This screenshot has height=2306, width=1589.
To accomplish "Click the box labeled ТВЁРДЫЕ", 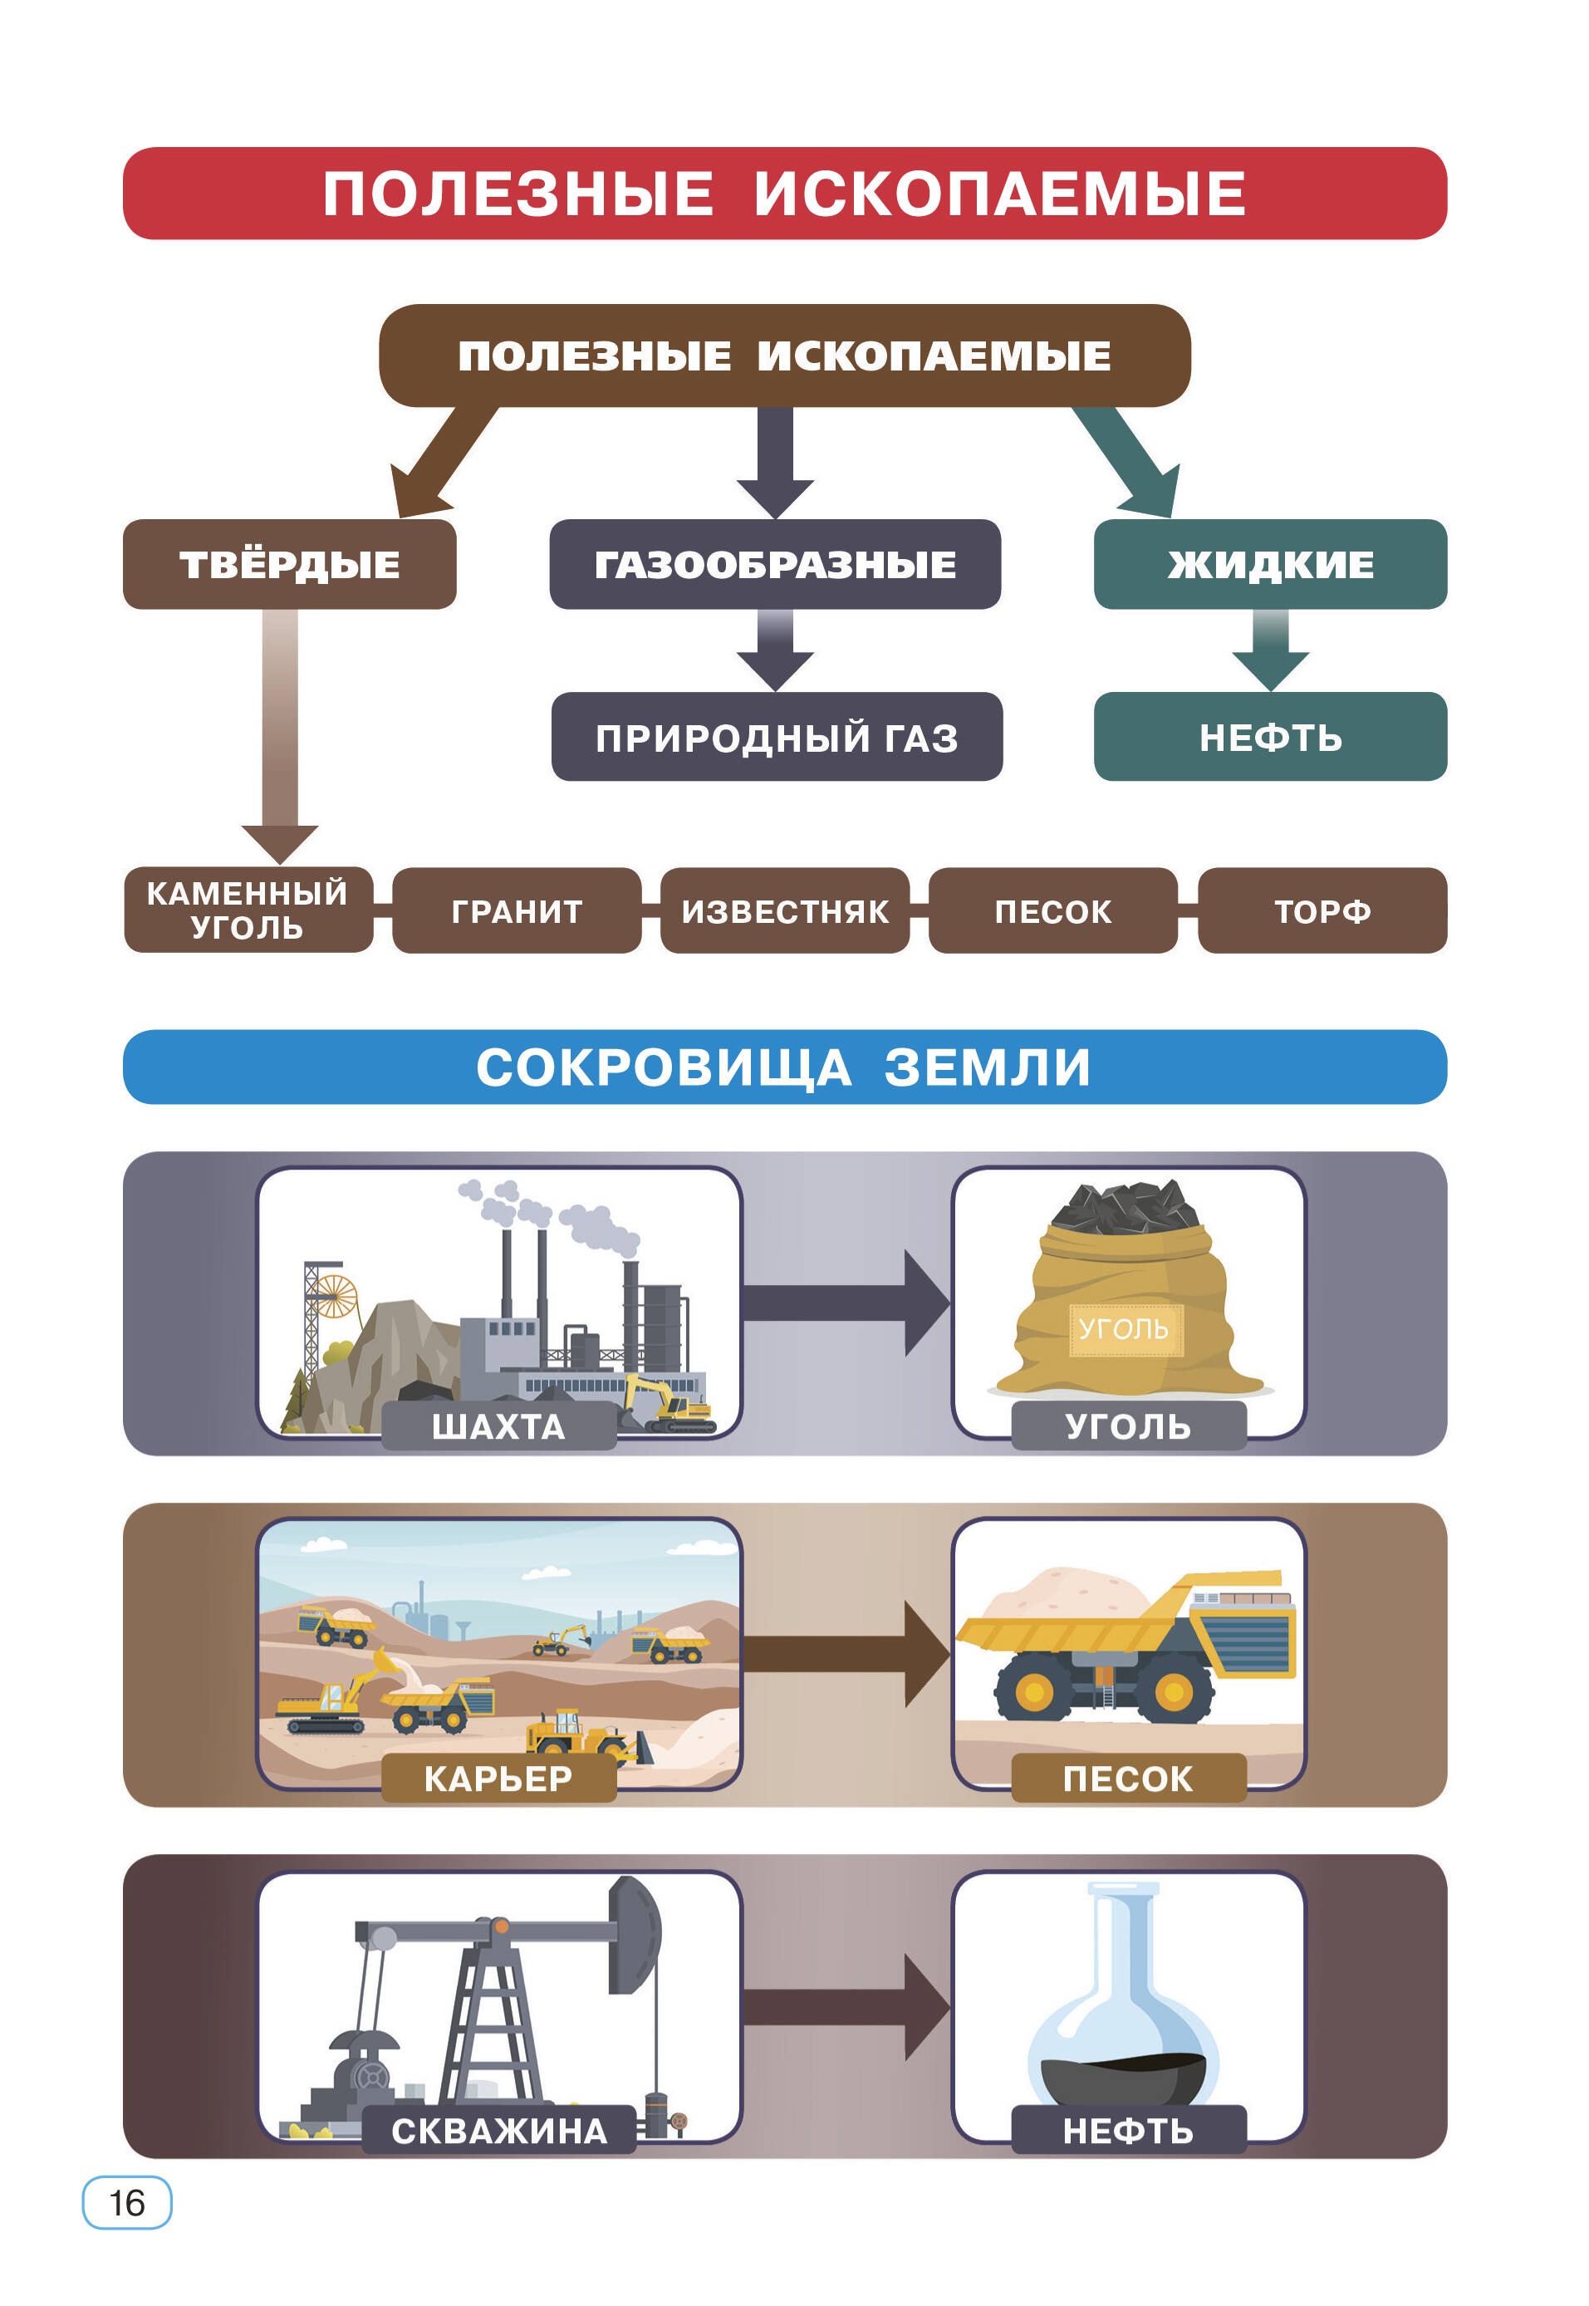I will coord(289,565).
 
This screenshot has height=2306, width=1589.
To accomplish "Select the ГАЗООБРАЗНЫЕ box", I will coord(775,565).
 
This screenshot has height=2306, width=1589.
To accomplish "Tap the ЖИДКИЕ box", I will coord(1269,565).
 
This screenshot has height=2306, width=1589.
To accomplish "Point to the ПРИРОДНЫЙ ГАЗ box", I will coord(777,738).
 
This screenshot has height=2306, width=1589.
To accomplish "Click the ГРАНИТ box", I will coord(517,911).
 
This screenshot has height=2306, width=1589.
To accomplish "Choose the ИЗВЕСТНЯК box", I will coord(785,911).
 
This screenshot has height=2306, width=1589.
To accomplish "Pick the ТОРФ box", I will coord(1322,911).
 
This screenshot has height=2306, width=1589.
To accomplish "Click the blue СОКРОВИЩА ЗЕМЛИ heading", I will coord(785,1067).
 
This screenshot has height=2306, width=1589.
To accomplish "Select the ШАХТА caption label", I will coord(499,1427).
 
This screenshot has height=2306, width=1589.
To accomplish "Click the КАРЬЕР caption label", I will coord(499,1779).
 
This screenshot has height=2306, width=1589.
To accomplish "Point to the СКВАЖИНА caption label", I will coord(499,2131).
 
